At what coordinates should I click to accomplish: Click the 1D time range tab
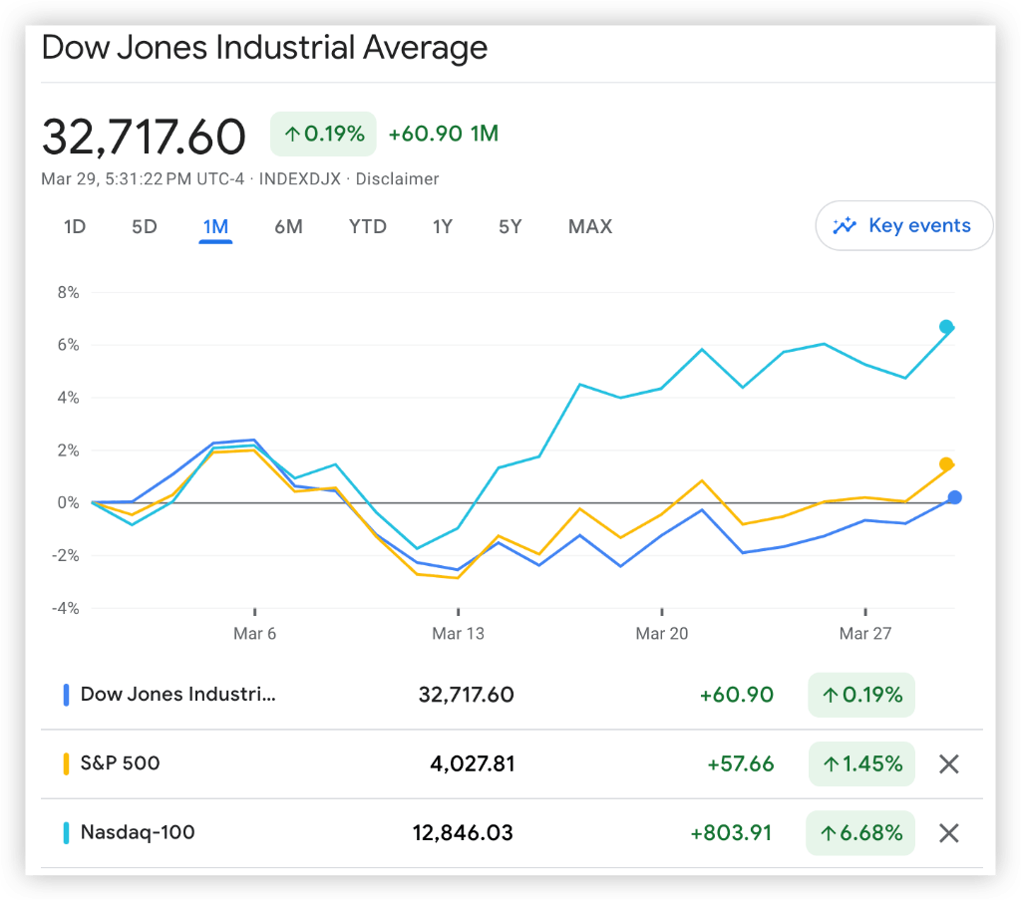pyautogui.click(x=75, y=227)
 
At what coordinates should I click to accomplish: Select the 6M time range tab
pyautogui.click(x=288, y=227)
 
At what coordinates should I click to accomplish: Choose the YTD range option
pyautogui.click(x=368, y=227)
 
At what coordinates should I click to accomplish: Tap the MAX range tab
pyautogui.click(x=590, y=227)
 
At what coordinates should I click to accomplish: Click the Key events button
pyautogui.click(x=904, y=226)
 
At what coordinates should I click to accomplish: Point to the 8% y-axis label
pyautogui.click(x=69, y=293)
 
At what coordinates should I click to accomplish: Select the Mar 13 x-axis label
pyautogui.click(x=459, y=634)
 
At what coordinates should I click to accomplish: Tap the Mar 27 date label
pyautogui.click(x=865, y=634)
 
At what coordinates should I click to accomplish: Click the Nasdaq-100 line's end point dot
pyautogui.click(x=946, y=327)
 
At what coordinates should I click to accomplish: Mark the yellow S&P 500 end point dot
pyautogui.click(x=946, y=464)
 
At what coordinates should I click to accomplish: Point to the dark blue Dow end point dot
pyautogui.click(x=954, y=497)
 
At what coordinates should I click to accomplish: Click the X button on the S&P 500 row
pyautogui.click(x=949, y=764)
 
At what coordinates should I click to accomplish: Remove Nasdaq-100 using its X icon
pyautogui.click(x=949, y=833)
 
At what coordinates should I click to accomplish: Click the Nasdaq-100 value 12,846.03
pyautogui.click(x=463, y=833)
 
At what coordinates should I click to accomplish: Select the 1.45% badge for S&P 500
pyautogui.click(x=861, y=764)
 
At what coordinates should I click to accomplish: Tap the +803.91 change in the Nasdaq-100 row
pyautogui.click(x=732, y=833)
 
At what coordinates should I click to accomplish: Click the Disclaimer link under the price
pyautogui.click(x=397, y=179)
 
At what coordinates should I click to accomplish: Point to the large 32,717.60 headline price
pyautogui.click(x=144, y=137)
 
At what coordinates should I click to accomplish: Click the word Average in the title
pyautogui.click(x=425, y=48)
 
